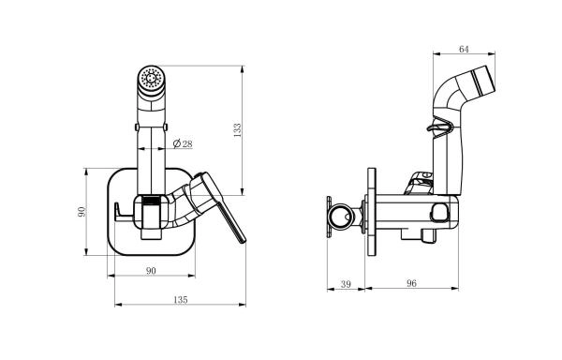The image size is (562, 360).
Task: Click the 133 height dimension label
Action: [x=238, y=130]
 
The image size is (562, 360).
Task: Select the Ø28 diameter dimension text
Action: [x=183, y=143]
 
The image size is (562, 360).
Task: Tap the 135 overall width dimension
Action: [x=180, y=299]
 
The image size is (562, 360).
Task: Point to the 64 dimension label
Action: [x=464, y=49]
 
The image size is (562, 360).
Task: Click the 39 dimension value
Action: [x=346, y=284]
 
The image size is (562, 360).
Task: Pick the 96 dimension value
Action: [x=411, y=283]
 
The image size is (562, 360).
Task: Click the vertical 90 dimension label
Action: [x=81, y=212]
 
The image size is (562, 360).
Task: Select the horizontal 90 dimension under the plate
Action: [x=151, y=271]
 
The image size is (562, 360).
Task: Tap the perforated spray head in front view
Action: [x=151, y=78]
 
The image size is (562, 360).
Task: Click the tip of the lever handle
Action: [x=243, y=240]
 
